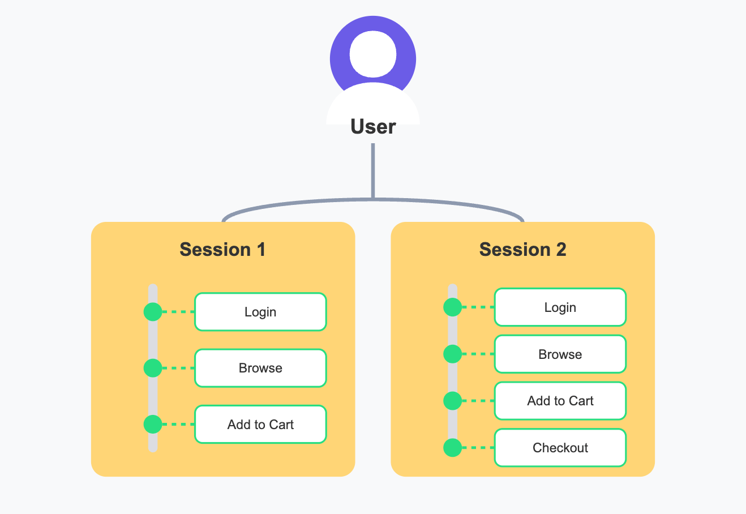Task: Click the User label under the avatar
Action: tap(373, 126)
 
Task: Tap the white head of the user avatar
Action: tap(373, 54)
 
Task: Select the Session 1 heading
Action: tap(222, 250)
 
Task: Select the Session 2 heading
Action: tap(522, 250)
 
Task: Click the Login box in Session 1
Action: tap(260, 312)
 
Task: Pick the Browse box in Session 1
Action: tap(260, 368)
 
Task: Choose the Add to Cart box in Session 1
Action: tap(260, 425)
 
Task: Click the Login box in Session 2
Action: tap(560, 307)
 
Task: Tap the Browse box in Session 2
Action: tap(560, 354)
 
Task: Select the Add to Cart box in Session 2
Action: tap(560, 401)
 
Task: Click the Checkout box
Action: tap(560, 448)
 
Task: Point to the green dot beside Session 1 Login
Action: tap(153, 311)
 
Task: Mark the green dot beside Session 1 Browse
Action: tap(153, 368)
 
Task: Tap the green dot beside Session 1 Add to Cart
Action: tap(153, 424)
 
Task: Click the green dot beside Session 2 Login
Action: tap(452, 307)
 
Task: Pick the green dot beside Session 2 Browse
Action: tap(452, 354)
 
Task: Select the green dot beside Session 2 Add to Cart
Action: tap(452, 401)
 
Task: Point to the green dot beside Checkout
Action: tap(452, 448)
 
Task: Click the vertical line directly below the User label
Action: tap(373, 170)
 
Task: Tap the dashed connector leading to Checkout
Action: tap(478, 448)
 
